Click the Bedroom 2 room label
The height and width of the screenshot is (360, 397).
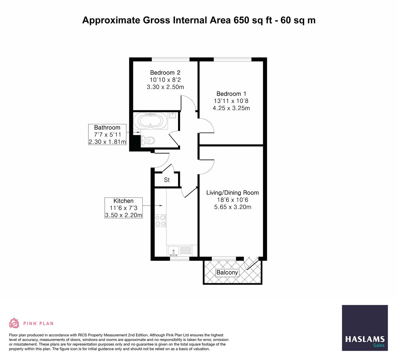165,73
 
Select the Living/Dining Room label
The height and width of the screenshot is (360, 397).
232,193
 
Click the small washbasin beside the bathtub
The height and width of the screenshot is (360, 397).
173,115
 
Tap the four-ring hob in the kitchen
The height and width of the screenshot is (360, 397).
160,220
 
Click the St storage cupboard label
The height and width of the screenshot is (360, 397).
167,180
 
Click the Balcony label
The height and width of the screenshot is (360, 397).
227,273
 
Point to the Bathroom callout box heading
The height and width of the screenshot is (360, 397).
107,127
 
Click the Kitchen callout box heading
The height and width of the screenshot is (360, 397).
123,201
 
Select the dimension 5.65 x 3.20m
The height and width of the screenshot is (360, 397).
232,207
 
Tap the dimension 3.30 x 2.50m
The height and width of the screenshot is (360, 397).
165,87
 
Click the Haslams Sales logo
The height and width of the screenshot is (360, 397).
365,328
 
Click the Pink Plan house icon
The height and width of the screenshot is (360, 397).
14,323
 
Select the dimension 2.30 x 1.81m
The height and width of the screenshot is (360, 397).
107,142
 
